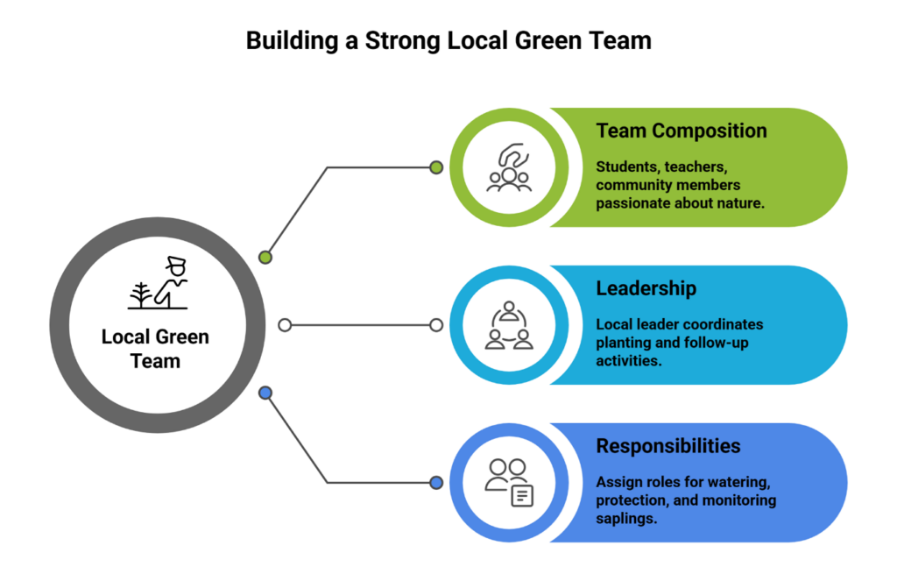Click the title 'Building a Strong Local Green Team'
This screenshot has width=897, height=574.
coord(448,41)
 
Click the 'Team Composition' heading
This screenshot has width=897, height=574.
coord(681,131)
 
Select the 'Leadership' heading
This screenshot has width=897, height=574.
coord(647,288)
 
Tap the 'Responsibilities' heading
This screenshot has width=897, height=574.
coord(667,446)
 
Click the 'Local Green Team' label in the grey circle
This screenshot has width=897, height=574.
coord(155,348)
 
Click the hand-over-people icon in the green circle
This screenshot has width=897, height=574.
coord(509,167)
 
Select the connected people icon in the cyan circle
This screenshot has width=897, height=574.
coord(509,325)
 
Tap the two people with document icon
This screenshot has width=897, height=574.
coord(509,483)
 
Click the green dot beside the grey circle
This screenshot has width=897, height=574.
coord(265,258)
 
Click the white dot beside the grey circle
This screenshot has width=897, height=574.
coord(285,325)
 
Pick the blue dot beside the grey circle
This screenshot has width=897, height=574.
coord(266,393)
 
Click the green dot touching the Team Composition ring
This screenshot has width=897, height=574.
coord(436,167)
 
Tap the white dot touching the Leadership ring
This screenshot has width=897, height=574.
coord(436,325)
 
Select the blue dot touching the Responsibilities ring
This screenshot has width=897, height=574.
coord(436,483)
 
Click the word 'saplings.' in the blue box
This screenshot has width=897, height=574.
coord(625,518)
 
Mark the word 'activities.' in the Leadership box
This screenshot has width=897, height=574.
coord(628,360)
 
